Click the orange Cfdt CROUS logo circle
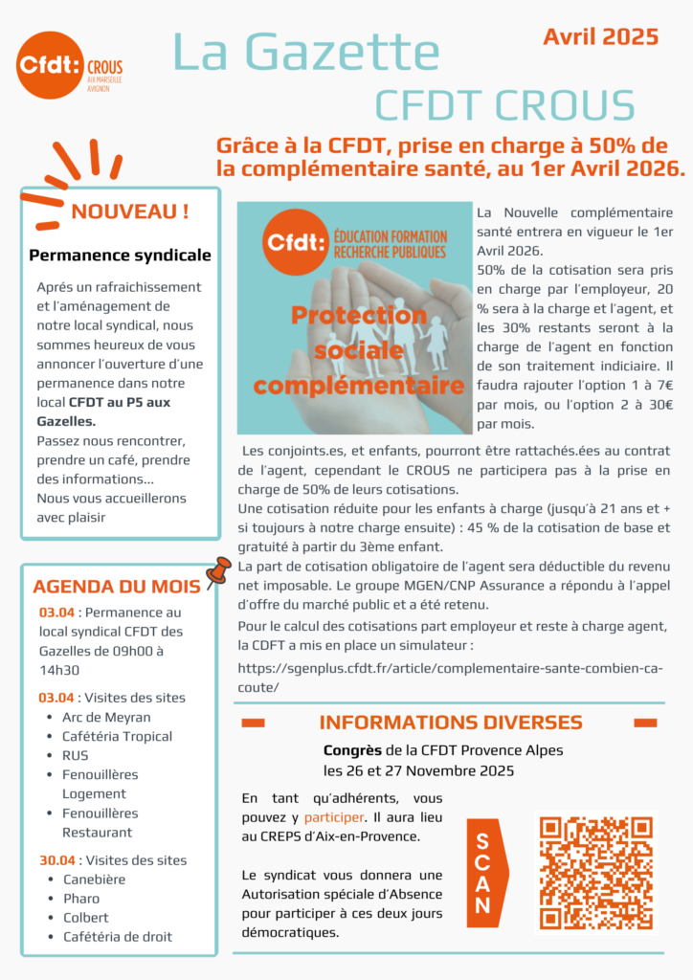point(50,64)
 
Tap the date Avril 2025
point(600,36)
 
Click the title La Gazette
point(306,52)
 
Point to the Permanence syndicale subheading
point(120,256)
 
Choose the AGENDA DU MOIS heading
point(117,587)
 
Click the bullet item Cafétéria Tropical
point(117,736)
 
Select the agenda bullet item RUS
point(75,755)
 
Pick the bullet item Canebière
point(94,880)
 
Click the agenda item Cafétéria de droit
point(117,937)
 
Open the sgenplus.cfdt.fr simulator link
point(449,678)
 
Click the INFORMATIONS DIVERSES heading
point(450,722)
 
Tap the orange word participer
point(334,817)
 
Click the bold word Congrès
point(352,750)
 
